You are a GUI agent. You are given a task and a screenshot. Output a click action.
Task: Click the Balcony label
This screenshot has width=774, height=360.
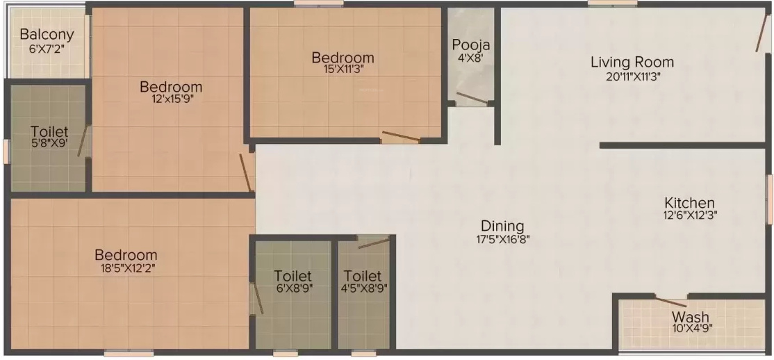(x=47, y=34)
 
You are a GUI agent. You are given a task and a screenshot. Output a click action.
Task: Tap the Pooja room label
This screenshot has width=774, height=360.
(x=471, y=45)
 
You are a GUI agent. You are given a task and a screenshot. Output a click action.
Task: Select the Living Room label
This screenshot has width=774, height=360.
(x=632, y=62)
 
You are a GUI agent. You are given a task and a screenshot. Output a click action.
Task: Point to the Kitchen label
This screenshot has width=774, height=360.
(x=688, y=203)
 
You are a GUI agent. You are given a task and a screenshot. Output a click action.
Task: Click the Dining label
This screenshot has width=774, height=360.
(x=502, y=226)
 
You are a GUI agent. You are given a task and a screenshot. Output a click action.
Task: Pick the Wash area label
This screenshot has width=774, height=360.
(x=691, y=318)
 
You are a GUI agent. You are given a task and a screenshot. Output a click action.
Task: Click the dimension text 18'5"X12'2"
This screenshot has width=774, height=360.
(x=126, y=268)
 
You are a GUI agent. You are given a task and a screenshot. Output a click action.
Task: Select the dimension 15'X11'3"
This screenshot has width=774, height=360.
(x=343, y=69)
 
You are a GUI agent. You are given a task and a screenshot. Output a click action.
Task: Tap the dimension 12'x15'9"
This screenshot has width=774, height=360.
(x=171, y=99)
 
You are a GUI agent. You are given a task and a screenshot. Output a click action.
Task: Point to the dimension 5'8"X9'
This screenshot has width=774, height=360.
(x=49, y=144)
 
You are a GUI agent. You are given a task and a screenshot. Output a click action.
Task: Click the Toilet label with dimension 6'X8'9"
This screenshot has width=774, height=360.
(x=293, y=276)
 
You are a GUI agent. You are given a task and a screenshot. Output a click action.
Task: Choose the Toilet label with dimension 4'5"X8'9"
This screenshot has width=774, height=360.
(x=362, y=276)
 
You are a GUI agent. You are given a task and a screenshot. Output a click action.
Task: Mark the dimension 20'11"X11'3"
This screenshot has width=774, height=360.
(x=632, y=76)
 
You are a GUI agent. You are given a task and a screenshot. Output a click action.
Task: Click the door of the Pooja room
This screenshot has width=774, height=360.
(x=472, y=98)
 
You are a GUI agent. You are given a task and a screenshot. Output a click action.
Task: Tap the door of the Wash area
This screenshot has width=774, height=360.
(x=671, y=302)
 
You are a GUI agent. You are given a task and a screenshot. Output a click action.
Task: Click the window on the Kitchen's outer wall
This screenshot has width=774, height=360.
(x=770, y=199)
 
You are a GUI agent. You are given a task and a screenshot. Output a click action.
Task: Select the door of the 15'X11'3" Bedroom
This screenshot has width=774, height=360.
(x=401, y=136)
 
